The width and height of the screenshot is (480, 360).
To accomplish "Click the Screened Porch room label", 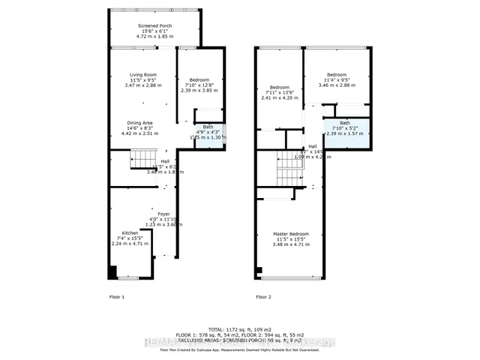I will coord(154,25).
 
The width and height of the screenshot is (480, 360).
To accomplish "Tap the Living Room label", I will coord(140,74).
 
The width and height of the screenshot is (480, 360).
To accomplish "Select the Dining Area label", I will coord(140,122).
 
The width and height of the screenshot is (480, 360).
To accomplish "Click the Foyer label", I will coord(163,213).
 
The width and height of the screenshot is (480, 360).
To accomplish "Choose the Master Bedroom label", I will coord(290,234).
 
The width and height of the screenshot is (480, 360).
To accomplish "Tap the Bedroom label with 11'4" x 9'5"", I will coord(336,75).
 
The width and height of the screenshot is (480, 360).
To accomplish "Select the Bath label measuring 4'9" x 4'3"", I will coord(208,127).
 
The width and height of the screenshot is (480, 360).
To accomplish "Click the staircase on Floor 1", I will coord(142,159).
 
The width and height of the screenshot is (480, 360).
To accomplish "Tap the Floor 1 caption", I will coord(117,297).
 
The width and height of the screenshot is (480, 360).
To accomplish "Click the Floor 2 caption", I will coord(263,297).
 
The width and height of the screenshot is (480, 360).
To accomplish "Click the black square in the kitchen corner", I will coord(113,273).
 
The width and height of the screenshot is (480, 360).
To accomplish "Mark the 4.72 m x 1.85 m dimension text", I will coord(154,36).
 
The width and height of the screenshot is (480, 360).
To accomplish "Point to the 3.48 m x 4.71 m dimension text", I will coord(290,244).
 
